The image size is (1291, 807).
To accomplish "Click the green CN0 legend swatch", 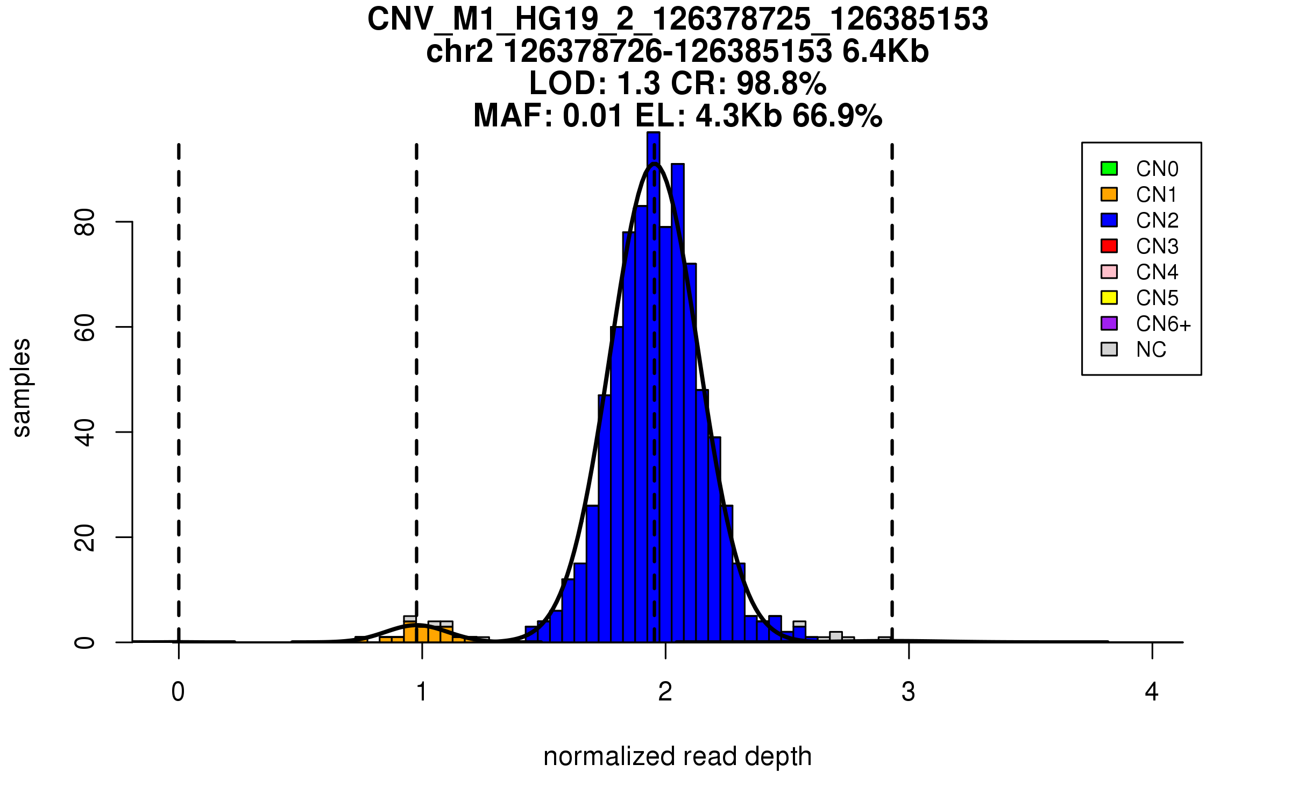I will tap(1109, 168).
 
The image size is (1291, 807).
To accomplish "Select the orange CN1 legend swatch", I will tap(1109, 194).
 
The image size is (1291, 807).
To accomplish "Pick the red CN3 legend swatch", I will tap(1109, 246).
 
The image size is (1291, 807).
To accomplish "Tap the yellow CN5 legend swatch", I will tap(1109, 298).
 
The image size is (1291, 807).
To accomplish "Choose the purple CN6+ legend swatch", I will tap(1109, 323).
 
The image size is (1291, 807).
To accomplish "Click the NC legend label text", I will tap(1151, 350).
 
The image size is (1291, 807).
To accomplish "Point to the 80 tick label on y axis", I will tap(85, 222).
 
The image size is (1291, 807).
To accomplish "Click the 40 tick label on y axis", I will tap(85, 432).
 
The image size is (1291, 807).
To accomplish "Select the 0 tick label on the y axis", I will tap(85, 642).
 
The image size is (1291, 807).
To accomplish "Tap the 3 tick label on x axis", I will tap(909, 692).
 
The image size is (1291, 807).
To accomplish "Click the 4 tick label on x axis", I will tap(1152, 692).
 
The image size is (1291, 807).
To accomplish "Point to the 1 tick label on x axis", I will tap(422, 692).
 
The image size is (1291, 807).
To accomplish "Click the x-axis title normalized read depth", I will tap(677, 756).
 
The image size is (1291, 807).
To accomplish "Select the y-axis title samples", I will tap(22, 387).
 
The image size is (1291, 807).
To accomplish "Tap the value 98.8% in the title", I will tap(782, 83).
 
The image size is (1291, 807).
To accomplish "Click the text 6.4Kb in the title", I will tap(885, 52).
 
